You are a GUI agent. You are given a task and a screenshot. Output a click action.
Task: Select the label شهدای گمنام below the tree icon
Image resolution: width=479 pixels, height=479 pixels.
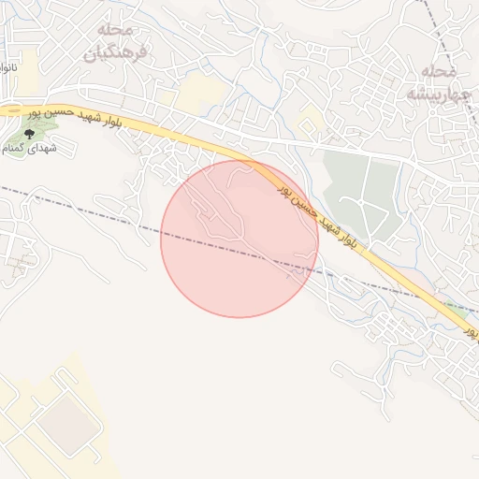pyautogui.click(x=30, y=149)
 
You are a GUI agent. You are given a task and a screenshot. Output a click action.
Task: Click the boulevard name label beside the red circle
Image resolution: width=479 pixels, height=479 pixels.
pyautogui.click(x=318, y=213)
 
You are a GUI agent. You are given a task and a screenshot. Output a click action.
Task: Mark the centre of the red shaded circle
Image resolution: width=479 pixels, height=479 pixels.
pyautogui.click(x=239, y=239)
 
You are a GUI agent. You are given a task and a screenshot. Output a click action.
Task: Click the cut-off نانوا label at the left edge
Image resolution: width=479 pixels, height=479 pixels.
pyautogui.click(x=7, y=68)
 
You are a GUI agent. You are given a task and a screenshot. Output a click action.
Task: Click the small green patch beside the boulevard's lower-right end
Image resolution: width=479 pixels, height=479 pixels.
pyautogui.click(x=457, y=306)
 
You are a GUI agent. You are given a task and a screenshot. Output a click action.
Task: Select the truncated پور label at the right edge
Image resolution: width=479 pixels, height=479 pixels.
pyautogui.click(x=472, y=331)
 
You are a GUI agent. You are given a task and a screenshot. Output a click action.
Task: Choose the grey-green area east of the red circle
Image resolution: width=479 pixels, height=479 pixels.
pyautogui.click(x=365, y=187)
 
